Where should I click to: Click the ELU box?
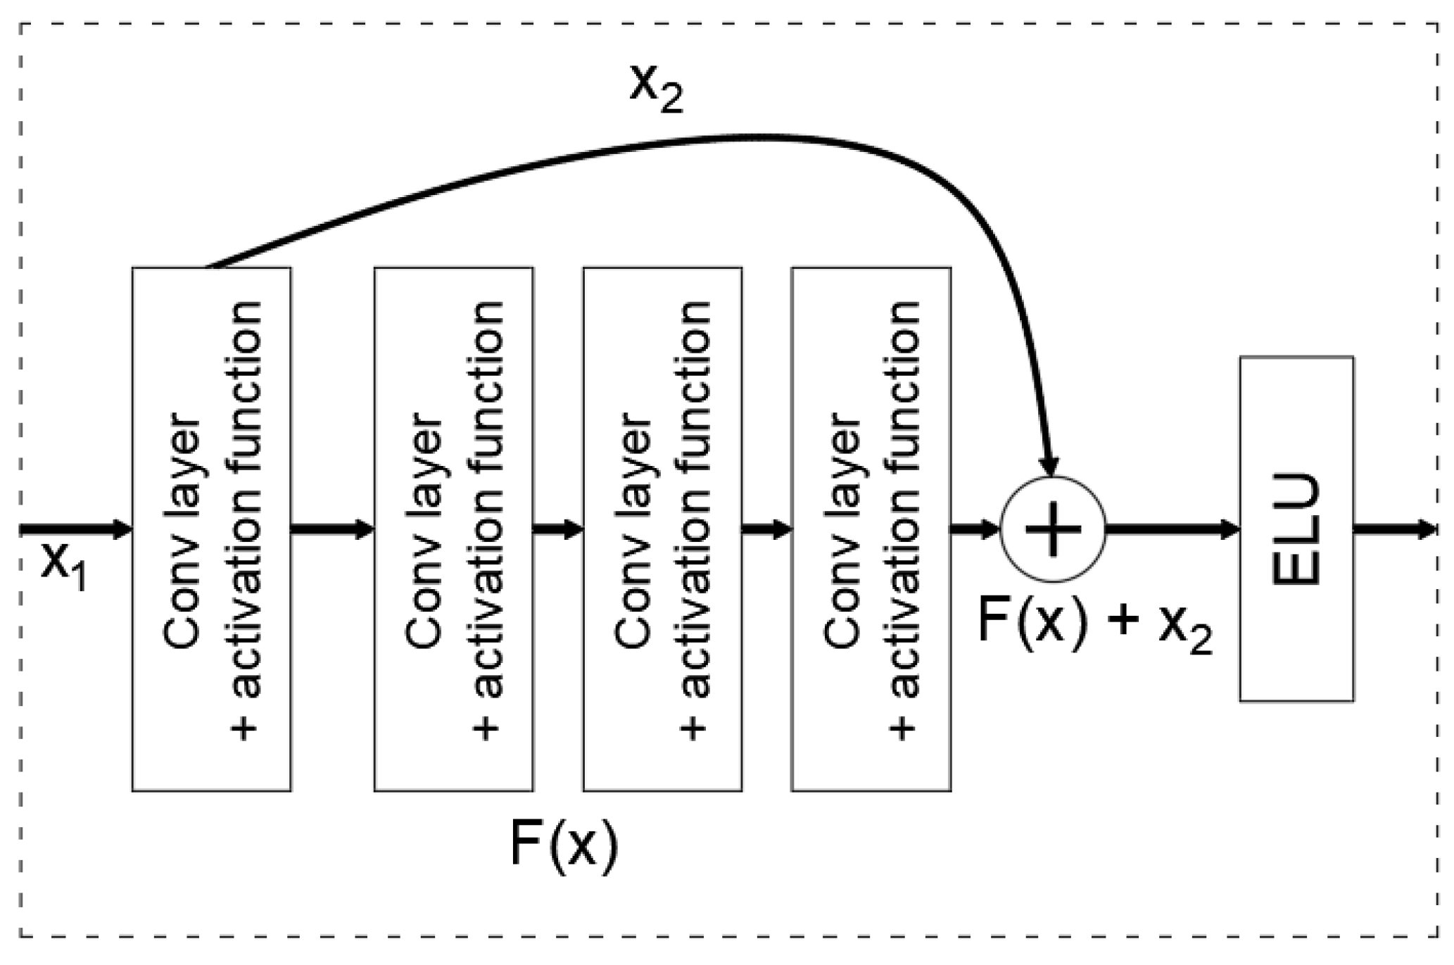1296,529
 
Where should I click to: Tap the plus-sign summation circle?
1053,529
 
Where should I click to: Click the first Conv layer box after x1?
211,529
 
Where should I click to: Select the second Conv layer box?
453,529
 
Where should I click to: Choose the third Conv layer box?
662,529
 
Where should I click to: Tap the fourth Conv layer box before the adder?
871,529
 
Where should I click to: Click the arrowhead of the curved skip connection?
1049,466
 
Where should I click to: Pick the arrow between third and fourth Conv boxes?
766,529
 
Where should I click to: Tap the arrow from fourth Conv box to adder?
975,529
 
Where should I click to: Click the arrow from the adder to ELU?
1172,529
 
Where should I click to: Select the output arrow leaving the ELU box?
1394,529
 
